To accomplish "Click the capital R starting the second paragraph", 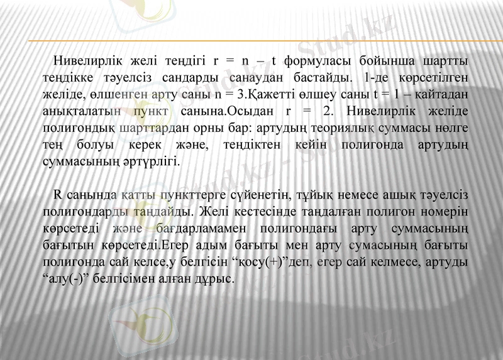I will [58, 194].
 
